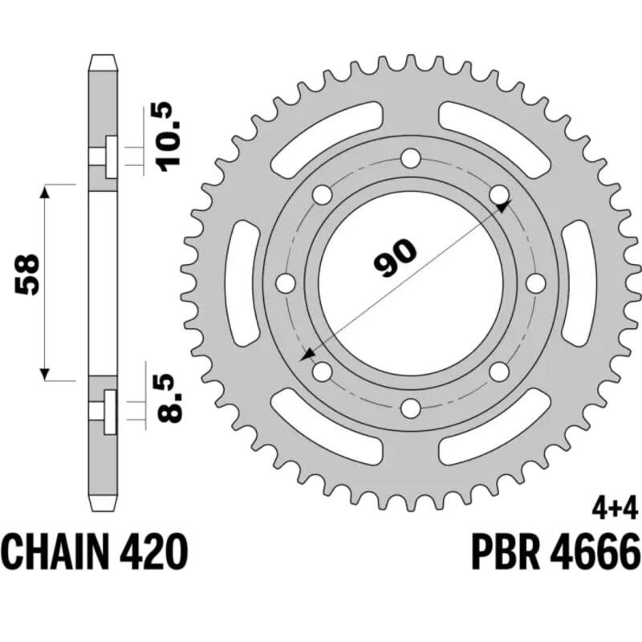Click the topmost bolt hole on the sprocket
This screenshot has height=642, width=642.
click(411, 157)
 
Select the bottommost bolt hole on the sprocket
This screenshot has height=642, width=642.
click(411, 408)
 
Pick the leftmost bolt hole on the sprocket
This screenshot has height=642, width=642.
click(285, 282)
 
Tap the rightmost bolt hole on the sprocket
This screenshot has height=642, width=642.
click(536, 282)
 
